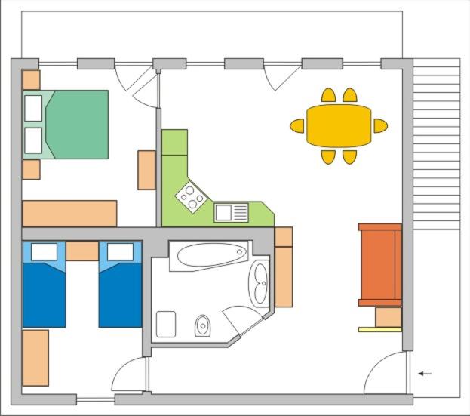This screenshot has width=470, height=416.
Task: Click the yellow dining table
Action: click(x=339, y=125)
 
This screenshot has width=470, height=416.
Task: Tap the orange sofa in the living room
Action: click(x=379, y=264)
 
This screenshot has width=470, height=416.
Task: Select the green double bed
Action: click(x=75, y=125)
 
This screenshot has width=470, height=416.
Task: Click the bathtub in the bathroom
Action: click(x=209, y=255)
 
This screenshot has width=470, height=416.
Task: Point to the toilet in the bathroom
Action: click(x=203, y=325)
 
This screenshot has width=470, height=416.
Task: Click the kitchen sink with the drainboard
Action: click(x=231, y=212)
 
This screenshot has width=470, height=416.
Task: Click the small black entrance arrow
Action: click(x=425, y=373)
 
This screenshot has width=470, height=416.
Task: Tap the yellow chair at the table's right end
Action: click(x=380, y=125)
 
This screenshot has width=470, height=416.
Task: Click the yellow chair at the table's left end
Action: click(x=297, y=125)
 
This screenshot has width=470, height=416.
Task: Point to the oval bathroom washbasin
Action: click(x=260, y=283)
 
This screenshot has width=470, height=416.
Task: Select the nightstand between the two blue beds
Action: click(x=82, y=251)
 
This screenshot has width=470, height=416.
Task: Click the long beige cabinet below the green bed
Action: click(x=69, y=213)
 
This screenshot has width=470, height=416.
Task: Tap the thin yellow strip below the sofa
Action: click(x=379, y=329)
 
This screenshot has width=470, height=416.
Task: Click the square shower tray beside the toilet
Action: click(x=166, y=324)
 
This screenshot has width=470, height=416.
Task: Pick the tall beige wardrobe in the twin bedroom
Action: click(x=35, y=357)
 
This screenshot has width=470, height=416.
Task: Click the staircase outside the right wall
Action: click(x=436, y=143)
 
